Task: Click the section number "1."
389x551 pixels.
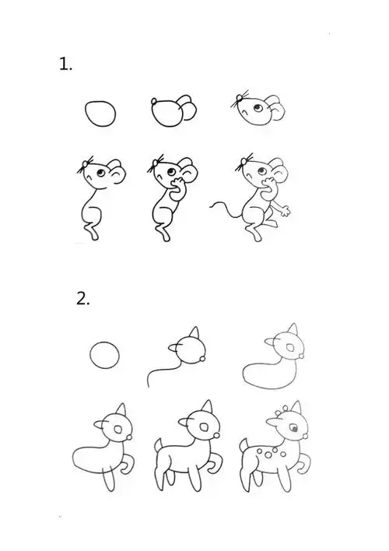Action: point(66,65)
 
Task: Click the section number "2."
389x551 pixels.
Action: point(82,298)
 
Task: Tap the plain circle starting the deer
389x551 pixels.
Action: point(106,356)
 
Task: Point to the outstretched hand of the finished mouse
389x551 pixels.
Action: point(286,210)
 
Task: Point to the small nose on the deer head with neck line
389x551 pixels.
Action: point(204,359)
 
